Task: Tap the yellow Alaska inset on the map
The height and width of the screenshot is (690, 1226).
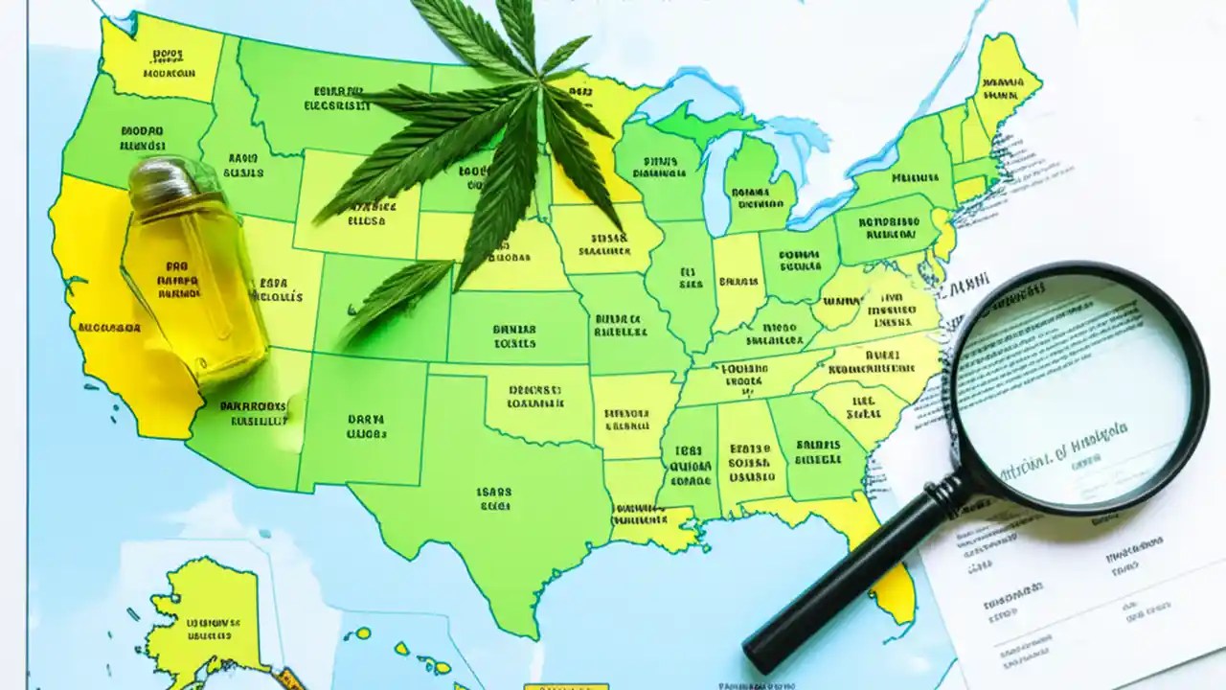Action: pos(201,613)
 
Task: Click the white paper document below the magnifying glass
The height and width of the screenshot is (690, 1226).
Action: pos(1054,594)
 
